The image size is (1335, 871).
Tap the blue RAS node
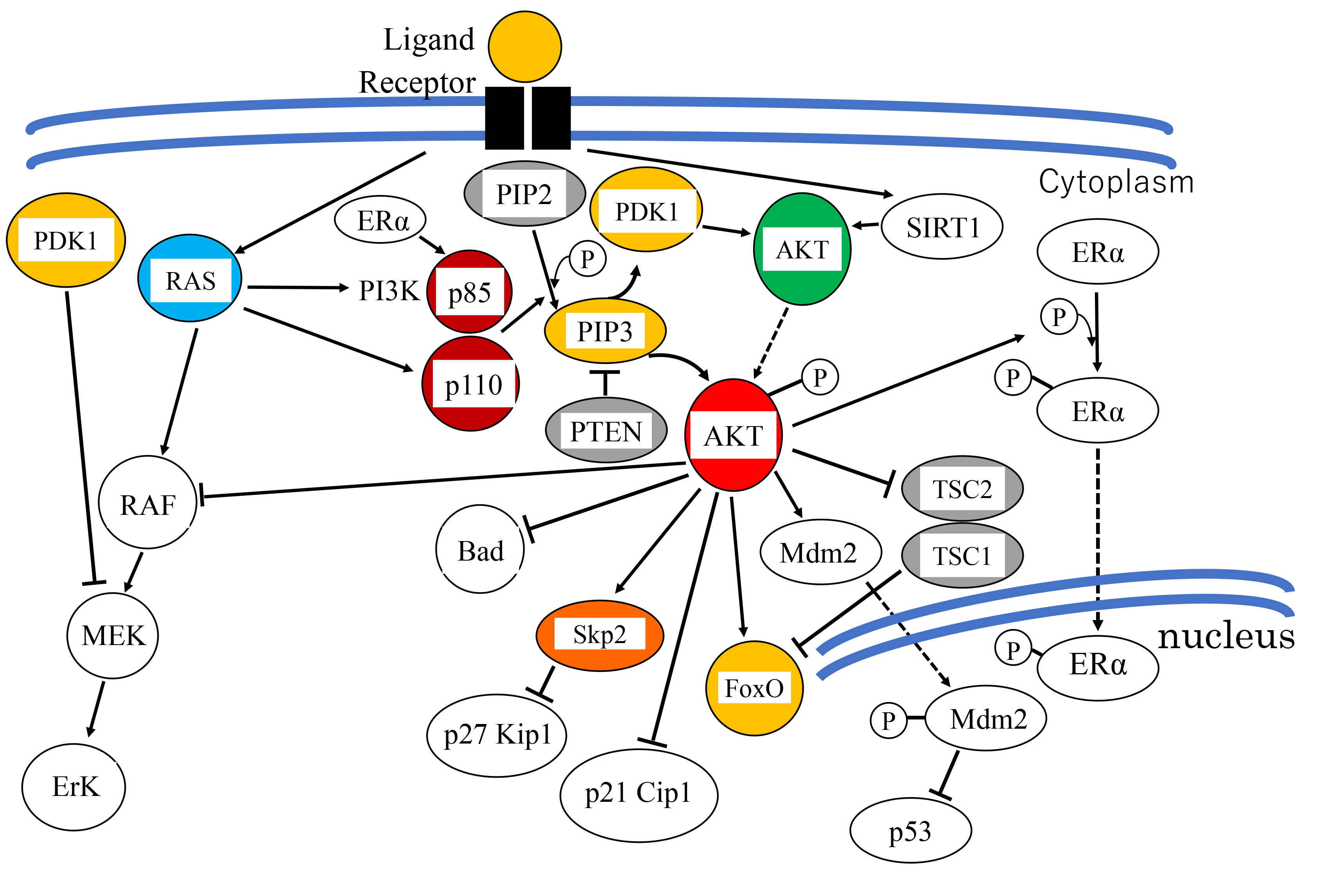tap(190, 279)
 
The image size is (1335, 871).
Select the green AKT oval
tap(802, 249)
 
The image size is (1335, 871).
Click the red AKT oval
tap(733, 435)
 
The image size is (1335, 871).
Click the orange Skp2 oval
tap(599, 635)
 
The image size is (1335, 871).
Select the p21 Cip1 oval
tap(638, 794)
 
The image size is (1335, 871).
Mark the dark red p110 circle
tap(471, 384)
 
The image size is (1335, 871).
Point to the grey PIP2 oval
tap(524, 194)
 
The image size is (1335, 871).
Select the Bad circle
tap(480, 550)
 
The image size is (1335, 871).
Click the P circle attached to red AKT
tap(820, 378)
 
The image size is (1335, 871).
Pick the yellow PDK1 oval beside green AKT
tap(646, 210)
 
